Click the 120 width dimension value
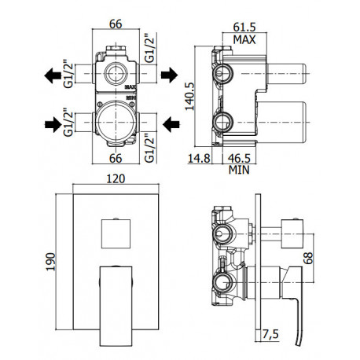(x=116, y=178)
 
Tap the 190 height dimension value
(x=50, y=262)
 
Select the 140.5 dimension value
(x=189, y=97)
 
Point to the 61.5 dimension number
(x=244, y=27)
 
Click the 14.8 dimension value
(x=199, y=158)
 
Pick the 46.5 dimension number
(x=239, y=158)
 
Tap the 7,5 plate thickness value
(x=270, y=335)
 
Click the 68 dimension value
(x=308, y=258)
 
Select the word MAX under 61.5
(x=244, y=39)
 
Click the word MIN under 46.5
(x=239, y=170)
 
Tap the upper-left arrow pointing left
(x=53, y=75)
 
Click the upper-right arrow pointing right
(x=169, y=75)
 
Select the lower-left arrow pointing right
(x=53, y=124)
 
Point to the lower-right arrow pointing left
(x=171, y=124)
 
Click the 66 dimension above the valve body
(x=116, y=24)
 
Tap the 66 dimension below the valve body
(x=116, y=158)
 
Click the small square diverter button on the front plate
(x=116, y=233)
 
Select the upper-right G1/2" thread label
(x=150, y=48)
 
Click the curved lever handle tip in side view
(x=298, y=344)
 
